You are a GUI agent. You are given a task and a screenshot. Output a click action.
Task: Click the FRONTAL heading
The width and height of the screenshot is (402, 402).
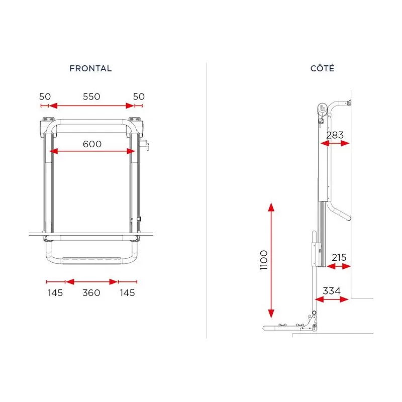[x=90, y=68]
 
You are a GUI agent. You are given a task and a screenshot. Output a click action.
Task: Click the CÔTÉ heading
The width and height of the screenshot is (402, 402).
[x=322, y=68]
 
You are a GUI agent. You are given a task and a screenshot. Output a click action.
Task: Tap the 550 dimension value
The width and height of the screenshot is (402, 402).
[x=91, y=96]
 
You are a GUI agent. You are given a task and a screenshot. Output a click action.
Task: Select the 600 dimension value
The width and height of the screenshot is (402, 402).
[x=92, y=144]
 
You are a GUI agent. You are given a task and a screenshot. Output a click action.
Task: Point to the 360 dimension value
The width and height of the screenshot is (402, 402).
[x=91, y=293]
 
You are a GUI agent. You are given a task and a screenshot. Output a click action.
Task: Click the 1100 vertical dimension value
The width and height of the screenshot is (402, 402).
[x=264, y=260]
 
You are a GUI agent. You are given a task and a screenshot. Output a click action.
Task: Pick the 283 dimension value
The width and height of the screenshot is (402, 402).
[x=335, y=135]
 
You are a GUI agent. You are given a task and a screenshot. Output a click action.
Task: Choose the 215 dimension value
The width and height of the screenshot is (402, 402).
[x=339, y=257]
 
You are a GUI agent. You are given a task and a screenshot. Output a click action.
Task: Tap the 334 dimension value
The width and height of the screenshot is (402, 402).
[x=332, y=291]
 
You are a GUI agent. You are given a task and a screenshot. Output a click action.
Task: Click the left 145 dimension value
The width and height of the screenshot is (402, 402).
[x=55, y=293]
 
